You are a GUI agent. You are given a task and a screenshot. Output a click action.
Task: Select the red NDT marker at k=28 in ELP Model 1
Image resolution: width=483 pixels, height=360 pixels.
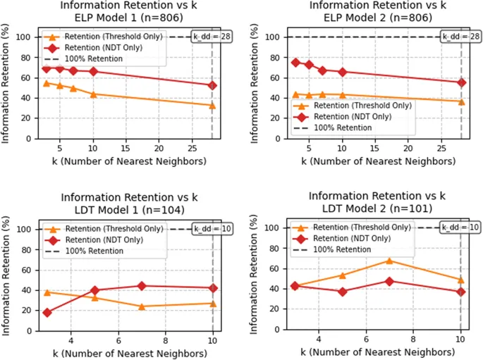coord(212,85)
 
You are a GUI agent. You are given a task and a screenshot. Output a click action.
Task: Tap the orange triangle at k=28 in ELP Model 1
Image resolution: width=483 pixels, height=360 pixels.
coord(212,106)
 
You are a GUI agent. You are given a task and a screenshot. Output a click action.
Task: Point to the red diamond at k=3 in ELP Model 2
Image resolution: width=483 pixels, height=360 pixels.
coord(295,62)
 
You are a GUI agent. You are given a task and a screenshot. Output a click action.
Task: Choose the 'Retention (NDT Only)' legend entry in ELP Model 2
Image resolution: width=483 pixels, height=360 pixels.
coord(353,116)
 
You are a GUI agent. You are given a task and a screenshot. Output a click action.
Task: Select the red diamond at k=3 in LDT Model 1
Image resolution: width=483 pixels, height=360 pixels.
coord(47,312)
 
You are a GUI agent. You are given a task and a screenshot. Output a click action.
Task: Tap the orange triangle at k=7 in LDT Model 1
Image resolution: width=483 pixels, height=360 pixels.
coord(142,306)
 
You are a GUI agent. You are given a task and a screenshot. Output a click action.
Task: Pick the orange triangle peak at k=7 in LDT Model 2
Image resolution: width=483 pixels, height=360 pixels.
coord(389,261)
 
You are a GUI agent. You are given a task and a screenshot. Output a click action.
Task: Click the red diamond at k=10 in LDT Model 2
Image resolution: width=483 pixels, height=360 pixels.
coord(460,292)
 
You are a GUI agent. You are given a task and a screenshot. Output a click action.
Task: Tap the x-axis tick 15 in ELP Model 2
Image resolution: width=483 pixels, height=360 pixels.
coord(375,149)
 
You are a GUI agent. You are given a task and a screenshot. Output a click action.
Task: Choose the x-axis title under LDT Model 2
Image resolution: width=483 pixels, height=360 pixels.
coord(377,351)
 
